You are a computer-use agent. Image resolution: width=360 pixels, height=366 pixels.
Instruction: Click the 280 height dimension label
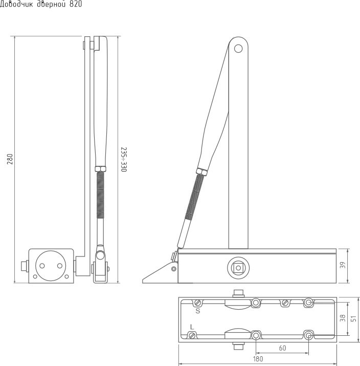click(x=10, y=159)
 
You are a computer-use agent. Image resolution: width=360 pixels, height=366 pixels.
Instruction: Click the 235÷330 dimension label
click(x=124, y=159)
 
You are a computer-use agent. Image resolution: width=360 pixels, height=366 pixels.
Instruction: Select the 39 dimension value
click(x=343, y=265)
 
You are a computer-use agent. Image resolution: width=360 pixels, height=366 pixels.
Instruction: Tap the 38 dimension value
click(x=343, y=318)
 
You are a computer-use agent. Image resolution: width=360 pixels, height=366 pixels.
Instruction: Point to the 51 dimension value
click(x=354, y=318)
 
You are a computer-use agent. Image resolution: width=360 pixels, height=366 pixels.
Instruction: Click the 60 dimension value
click(x=282, y=348)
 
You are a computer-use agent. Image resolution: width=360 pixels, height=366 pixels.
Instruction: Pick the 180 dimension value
click(x=258, y=359)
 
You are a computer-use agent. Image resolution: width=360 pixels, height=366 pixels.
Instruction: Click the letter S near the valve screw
click(x=198, y=311)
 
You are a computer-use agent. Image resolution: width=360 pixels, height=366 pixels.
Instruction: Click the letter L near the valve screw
click(x=192, y=327)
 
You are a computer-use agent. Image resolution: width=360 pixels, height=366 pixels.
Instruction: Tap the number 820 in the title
click(x=76, y=4)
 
